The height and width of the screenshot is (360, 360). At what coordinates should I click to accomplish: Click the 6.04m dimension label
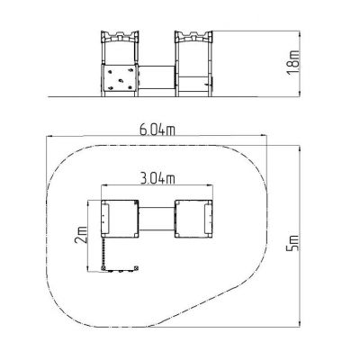pos(157,130)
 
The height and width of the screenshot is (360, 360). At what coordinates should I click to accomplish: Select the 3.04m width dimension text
pos(157,179)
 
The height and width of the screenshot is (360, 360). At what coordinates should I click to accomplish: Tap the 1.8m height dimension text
pos(293,62)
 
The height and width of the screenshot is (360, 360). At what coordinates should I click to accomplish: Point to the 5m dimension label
pos(293,243)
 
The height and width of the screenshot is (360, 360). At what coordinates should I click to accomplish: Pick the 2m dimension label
pos(81,234)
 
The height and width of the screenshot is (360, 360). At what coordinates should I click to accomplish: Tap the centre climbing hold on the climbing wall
pos(121,80)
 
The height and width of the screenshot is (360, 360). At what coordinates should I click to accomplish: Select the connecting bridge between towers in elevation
pos(157,77)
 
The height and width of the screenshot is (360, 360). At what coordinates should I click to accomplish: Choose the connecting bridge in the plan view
pos(157,219)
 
